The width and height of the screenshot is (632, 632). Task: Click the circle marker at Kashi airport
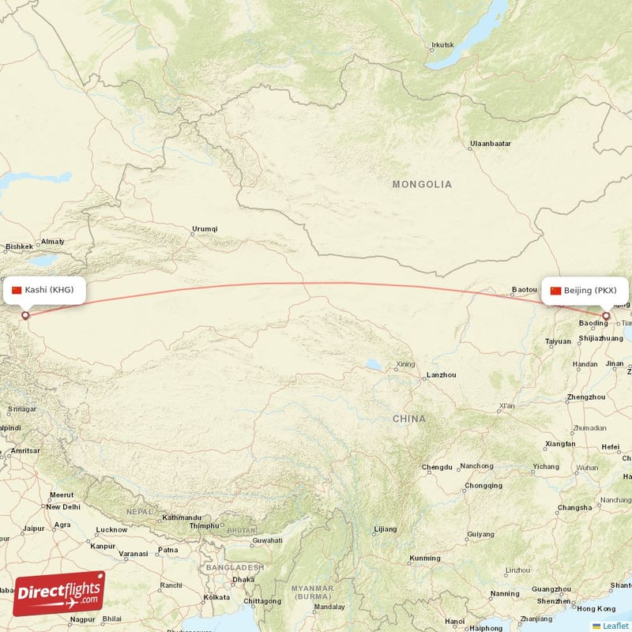pos(24,315)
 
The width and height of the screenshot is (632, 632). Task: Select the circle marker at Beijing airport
pos(606,316)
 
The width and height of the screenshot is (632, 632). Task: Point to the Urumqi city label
pos(204,229)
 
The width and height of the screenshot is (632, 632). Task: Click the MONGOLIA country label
pos(423,184)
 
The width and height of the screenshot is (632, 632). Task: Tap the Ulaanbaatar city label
pos(490,144)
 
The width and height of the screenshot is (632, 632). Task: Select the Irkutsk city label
pos(443,45)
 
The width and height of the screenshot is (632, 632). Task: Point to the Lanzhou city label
pos(441,374)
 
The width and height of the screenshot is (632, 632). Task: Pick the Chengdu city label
pos(437,467)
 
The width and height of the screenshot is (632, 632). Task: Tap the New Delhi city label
pos(63,506)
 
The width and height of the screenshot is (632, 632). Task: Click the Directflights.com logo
pos(58,593)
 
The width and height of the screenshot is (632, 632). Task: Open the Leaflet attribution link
pos(615,626)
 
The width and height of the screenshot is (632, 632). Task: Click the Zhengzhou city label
pos(585,397)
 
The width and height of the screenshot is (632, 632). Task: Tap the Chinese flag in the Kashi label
pos(17,290)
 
